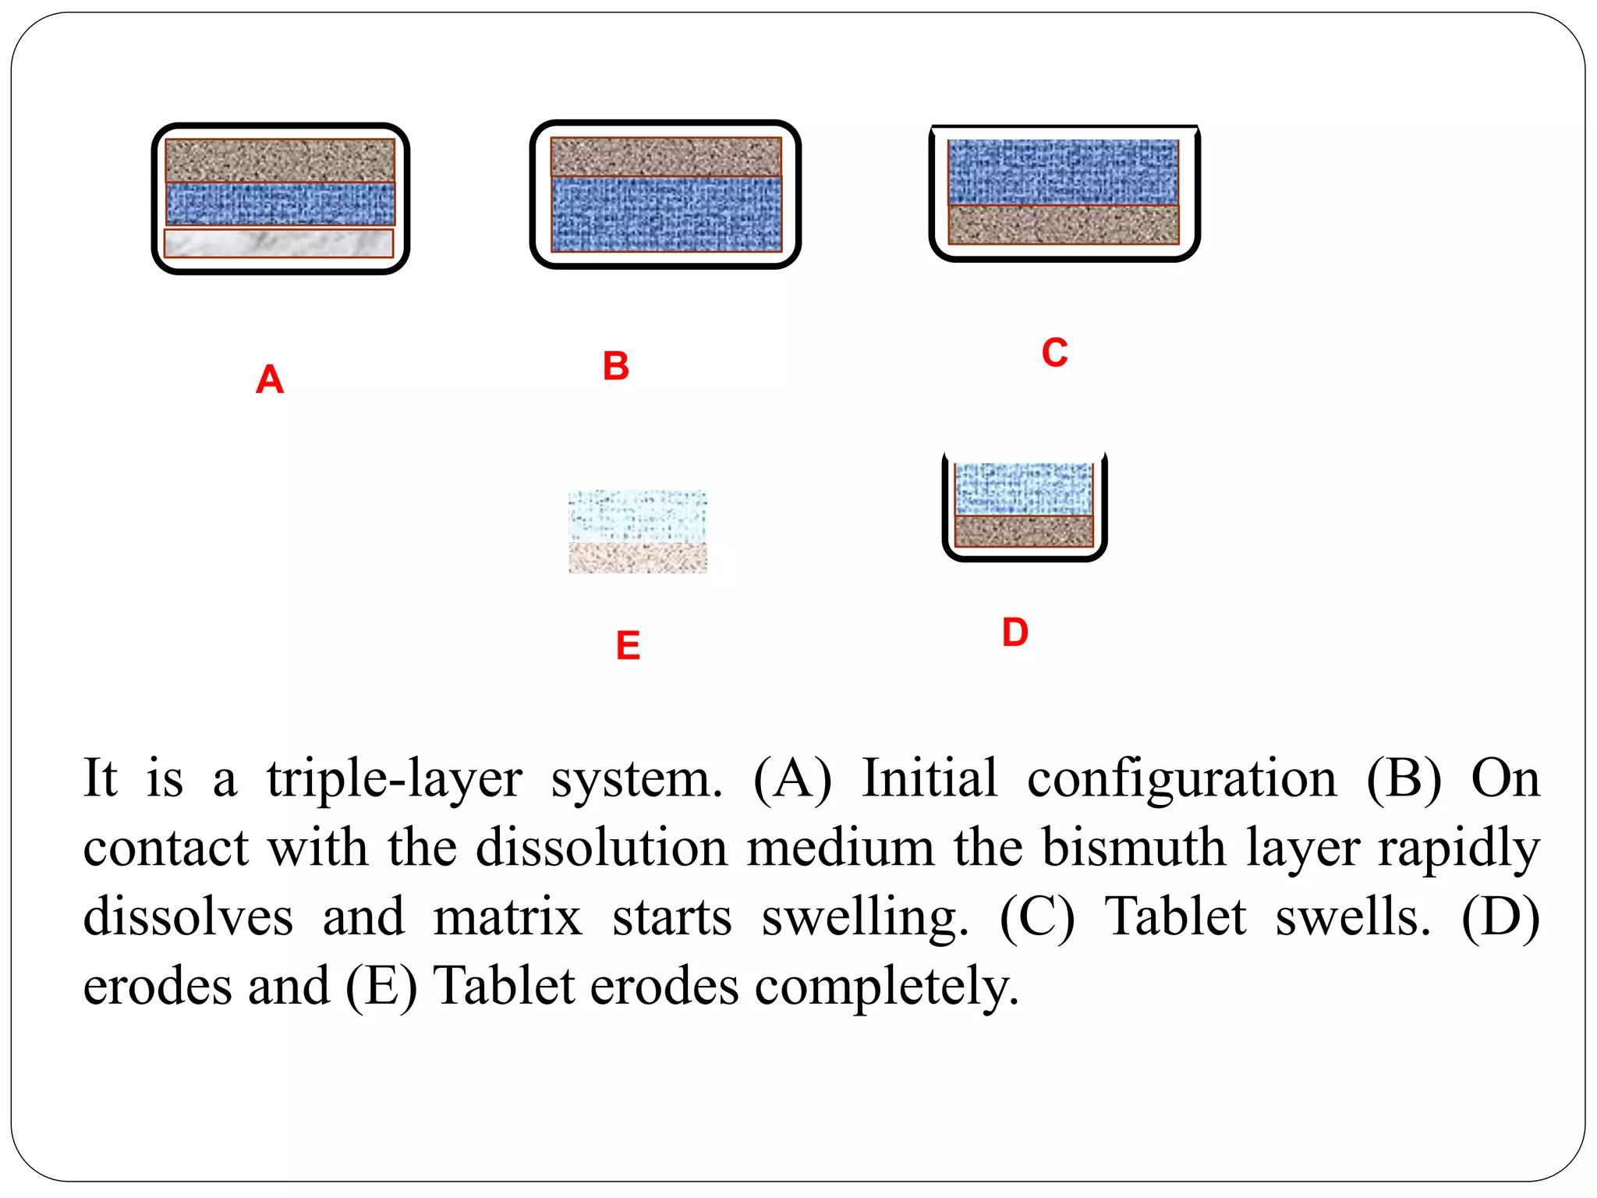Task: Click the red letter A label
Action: coord(270,380)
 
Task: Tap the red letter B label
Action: coord(615,366)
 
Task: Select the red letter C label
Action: coord(1054,353)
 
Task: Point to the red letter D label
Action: coord(1015,632)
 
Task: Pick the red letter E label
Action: coord(628,646)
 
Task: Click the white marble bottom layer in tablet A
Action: coord(278,243)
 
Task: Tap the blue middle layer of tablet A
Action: coord(280,204)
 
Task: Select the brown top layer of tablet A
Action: coord(280,160)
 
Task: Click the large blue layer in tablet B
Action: coord(666,214)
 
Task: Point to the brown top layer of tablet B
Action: coord(666,156)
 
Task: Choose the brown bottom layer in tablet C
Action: coord(1063,225)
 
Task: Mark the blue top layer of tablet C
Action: coord(1063,172)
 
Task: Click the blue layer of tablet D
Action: coord(1023,488)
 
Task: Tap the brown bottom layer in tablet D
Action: coord(1023,531)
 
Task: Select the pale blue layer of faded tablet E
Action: coord(637,516)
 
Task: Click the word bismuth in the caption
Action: coord(1134,848)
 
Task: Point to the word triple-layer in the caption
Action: coord(394,779)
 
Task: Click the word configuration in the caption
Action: coord(1181,779)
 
